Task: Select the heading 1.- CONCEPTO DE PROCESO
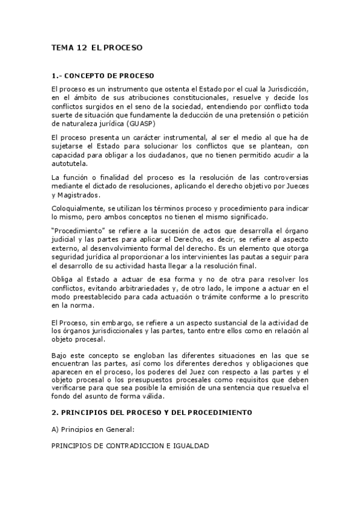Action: pos(103,76)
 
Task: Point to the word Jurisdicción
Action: pos(285,88)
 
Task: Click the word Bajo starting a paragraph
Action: pos(60,355)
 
